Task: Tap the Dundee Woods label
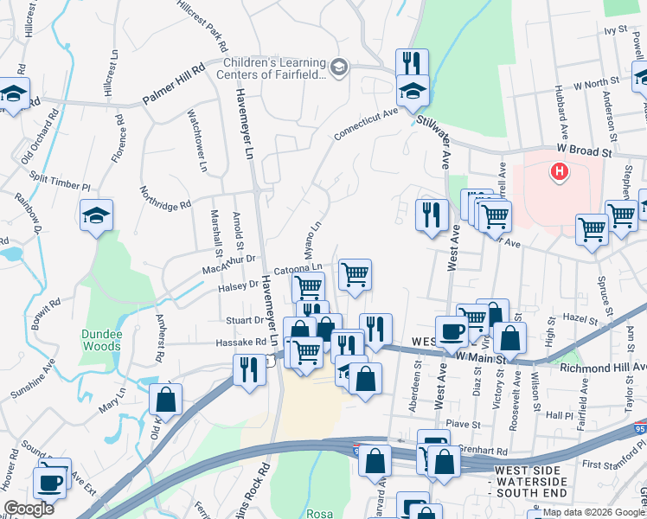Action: pos(101,340)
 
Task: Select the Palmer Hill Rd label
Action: pos(173,83)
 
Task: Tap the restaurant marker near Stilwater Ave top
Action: pos(413,61)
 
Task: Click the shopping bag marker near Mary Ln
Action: pos(165,399)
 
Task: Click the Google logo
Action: pos(29,509)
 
